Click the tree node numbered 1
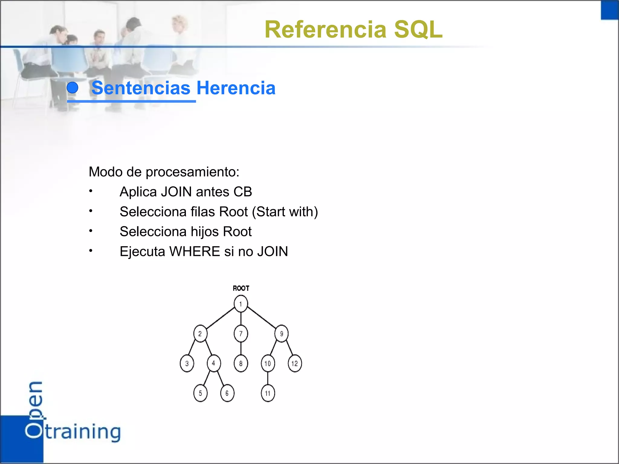241,304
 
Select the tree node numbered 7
241,333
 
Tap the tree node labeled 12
295,363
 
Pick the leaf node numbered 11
268,393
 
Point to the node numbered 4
214,363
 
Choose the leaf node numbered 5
200,393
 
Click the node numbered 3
187,363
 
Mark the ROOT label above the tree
241,288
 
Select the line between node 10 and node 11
268,378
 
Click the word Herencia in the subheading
236,88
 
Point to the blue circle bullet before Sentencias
73,88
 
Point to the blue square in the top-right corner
610,10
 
